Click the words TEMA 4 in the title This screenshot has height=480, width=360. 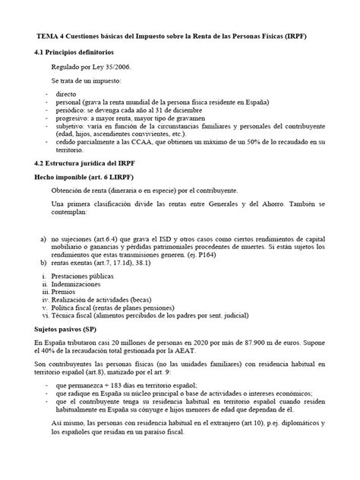tap(55, 36)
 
